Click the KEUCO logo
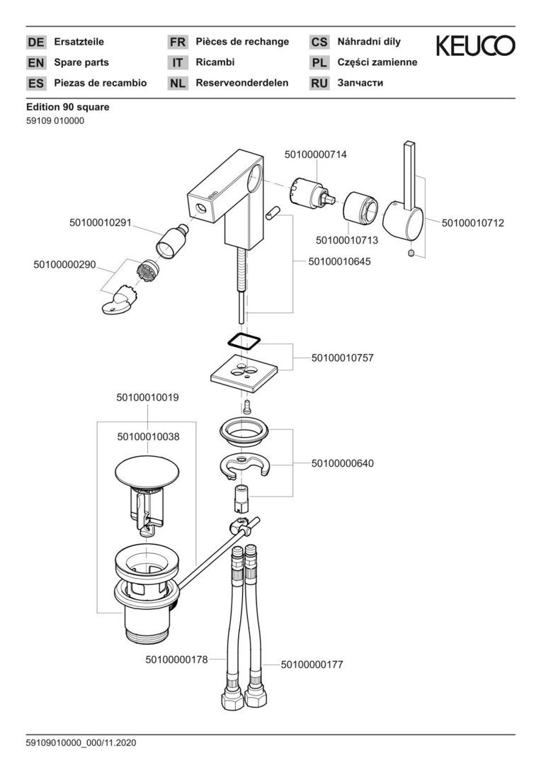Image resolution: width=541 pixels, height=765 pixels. pos(475,47)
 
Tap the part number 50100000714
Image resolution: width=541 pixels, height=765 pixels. pos(316,154)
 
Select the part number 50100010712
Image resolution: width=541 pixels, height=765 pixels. pos(473,223)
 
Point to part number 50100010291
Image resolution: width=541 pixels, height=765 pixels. pos(101,223)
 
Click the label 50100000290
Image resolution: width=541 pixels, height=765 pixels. pos(64,264)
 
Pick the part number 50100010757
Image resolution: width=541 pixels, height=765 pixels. pos(343,358)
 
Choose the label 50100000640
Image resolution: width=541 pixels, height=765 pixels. pos(343,463)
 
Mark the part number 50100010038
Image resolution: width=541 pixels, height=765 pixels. pos(148,437)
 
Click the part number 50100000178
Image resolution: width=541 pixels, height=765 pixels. pos(177,659)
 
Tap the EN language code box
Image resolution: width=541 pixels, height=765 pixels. pos(35,62)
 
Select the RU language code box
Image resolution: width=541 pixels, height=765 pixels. pos(319,83)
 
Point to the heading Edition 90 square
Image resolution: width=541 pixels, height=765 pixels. pos(68,107)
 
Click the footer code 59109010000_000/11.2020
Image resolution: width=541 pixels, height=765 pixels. pos(81,743)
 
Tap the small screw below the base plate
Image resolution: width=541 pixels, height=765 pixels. pos(247,407)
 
